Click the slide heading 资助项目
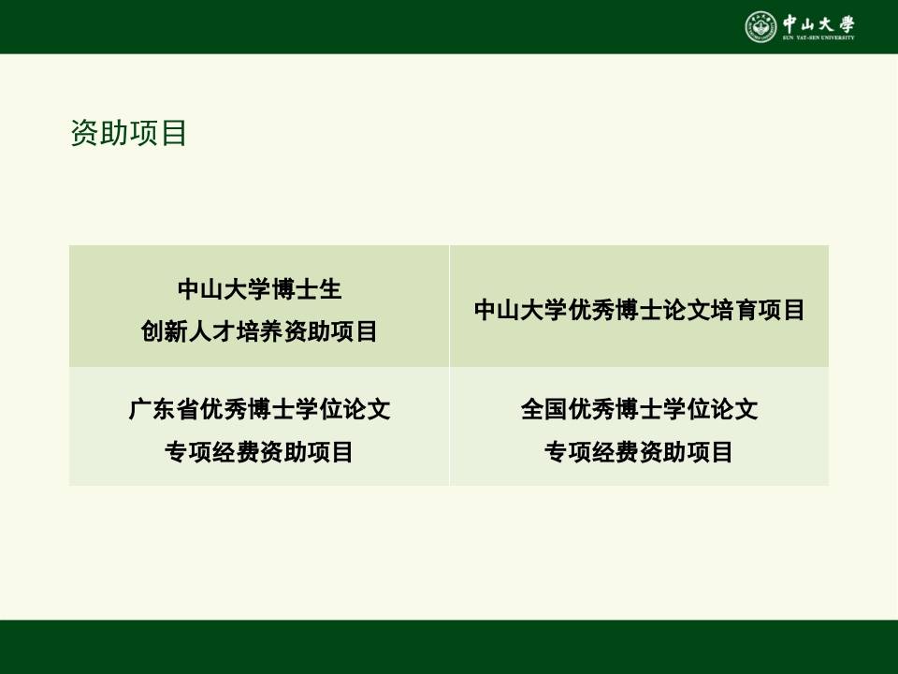click(x=129, y=133)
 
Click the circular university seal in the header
click(x=760, y=26)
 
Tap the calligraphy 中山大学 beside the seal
click(x=819, y=22)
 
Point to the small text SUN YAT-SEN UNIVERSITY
click(x=819, y=38)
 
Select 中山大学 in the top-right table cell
click(x=521, y=311)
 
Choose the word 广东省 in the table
click(x=165, y=409)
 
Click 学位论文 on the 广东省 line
click(x=342, y=409)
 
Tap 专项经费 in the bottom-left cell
click(x=211, y=452)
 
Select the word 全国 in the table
click(x=544, y=409)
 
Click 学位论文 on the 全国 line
click(x=710, y=409)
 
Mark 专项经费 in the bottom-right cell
click(x=591, y=452)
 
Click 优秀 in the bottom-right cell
click(x=591, y=409)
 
